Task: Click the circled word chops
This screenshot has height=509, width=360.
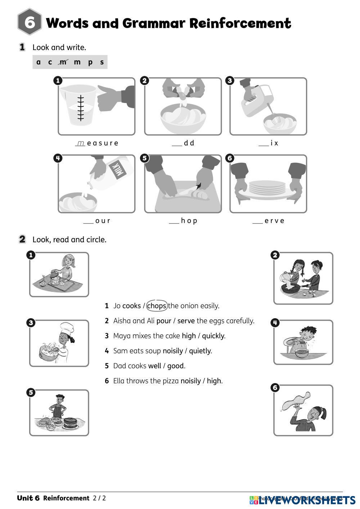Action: (x=157, y=306)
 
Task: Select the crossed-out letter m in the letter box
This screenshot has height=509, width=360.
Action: (x=63, y=62)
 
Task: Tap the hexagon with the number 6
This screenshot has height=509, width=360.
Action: (x=30, y=23)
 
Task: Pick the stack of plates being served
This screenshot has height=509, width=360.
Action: (x=267, y=188)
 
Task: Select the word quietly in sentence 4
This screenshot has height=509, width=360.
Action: (x=200, y=351)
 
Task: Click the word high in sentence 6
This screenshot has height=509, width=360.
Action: (x=214, y=381)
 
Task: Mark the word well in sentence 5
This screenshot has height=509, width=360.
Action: (x=154, y=366)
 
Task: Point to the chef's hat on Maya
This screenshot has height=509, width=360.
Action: (x=67, y=328)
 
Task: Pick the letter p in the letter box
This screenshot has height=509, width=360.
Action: (x=90, y=62)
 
